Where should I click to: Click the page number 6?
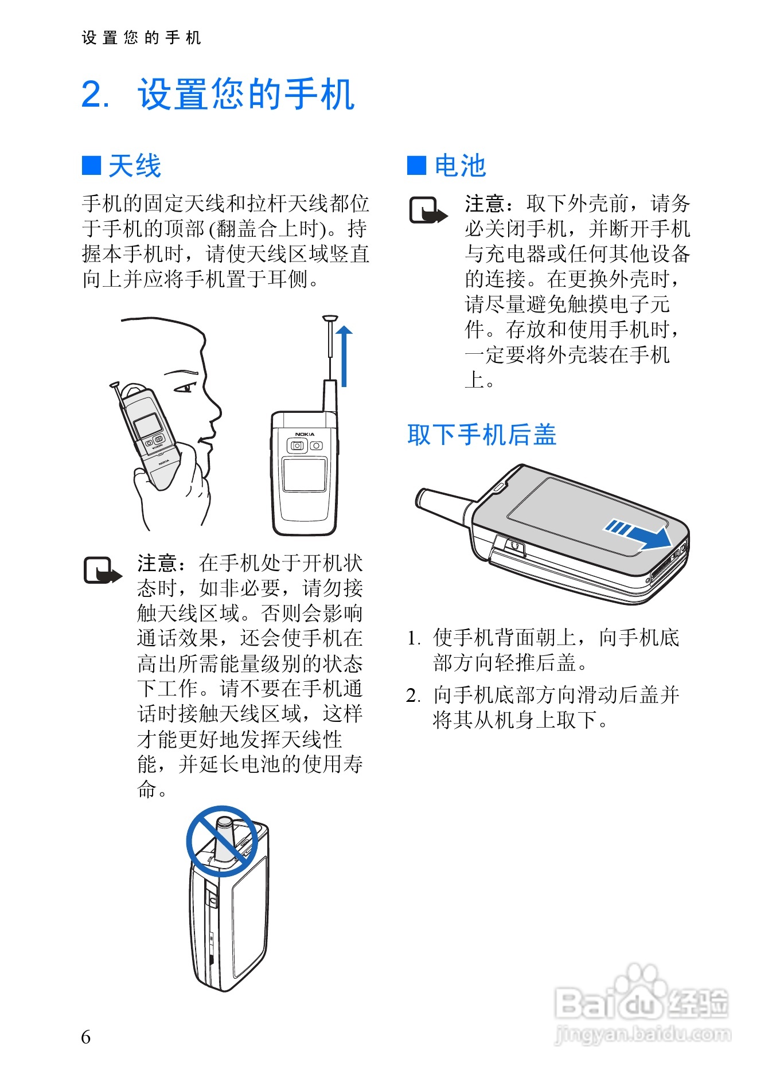86,1037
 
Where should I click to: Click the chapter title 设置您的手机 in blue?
246,94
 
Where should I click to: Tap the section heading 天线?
135,166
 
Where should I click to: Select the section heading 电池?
460,166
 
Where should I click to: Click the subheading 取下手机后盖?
482,435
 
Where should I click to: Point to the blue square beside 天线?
91,166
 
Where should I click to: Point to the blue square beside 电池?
416,166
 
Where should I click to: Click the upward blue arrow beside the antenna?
344,356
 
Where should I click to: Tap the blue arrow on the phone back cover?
638,534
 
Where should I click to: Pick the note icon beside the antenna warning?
103,570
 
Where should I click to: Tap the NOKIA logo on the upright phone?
305,434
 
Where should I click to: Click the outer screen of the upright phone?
305,475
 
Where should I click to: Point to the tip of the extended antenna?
330,317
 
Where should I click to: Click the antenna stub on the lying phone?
445,506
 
